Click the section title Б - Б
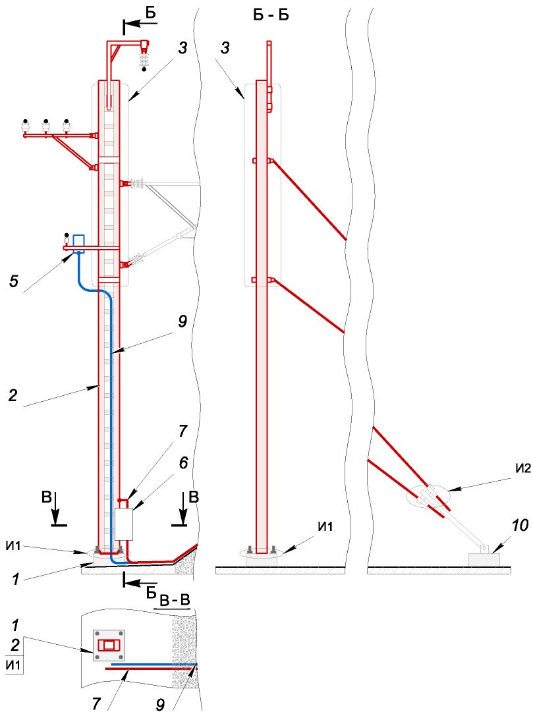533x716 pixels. (271, 15)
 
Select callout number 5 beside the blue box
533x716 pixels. (14, 281)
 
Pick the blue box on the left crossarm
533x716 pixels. (79, 242)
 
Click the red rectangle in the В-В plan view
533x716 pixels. (109, 646)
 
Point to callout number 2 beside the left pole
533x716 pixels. (13, 395)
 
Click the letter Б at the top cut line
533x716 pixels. (151, 13)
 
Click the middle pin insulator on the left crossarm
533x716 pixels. (45, 127)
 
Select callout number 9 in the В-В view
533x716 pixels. (160, 705)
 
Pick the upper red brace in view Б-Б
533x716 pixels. (308, 200)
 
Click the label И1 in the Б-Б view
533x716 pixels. (325, 526)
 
